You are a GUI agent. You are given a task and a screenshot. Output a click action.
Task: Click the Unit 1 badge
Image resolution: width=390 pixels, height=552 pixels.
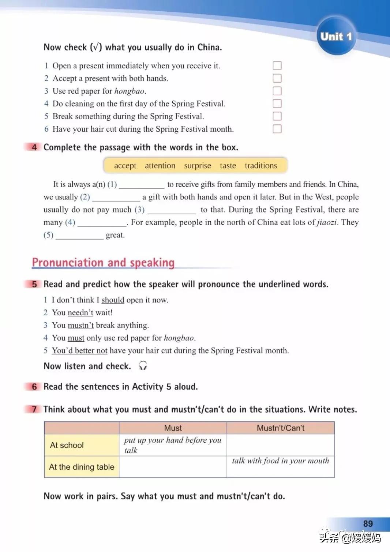tap(336, 36)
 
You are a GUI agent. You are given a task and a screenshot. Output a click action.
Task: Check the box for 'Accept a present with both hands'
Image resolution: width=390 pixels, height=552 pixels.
tap(277, 78)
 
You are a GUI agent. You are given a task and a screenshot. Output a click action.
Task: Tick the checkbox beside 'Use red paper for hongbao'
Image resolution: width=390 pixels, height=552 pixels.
tap(277, 91)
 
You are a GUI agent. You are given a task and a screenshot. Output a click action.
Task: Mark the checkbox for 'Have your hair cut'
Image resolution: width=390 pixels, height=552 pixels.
tap(277, 129)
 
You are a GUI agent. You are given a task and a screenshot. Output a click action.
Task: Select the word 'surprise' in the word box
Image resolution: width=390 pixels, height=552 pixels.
tap(198, 166)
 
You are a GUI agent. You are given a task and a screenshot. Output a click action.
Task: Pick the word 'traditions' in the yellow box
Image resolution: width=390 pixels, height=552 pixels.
tap(261, 166)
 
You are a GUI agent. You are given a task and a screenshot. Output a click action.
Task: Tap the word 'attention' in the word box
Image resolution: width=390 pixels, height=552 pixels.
tap(160, 166)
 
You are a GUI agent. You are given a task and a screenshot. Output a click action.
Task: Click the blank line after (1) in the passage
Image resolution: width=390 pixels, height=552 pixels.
tap(142, 185)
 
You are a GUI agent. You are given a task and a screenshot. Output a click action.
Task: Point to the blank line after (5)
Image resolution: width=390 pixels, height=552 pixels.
tap(79, 236)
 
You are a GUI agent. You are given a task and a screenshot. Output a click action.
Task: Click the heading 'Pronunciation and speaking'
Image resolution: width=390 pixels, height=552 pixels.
tap(103, 263)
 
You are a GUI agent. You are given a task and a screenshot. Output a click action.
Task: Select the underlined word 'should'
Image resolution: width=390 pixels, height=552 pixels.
tap(113, 300)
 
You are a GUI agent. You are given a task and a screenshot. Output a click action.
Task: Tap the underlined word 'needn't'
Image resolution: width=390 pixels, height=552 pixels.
tap(80, 313)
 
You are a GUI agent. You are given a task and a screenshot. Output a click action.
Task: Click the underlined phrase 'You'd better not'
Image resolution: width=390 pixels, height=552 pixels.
tap(79, 350)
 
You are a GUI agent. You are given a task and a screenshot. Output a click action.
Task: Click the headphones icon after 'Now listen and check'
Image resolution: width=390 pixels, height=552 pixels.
tap(143, 365)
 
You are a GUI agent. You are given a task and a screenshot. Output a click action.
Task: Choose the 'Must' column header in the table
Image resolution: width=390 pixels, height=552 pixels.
tap(173, 428)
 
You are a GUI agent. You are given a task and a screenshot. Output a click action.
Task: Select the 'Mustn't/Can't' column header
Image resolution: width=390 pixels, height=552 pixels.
tap(281, 428)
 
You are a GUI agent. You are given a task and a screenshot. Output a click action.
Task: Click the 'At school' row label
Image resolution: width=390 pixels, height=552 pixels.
tap(67, 445)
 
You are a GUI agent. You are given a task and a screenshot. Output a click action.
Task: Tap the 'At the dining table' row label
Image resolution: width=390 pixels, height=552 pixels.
tap(82, 467)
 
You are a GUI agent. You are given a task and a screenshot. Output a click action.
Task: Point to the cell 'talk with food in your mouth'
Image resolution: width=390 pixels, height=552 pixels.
tap(281, 461)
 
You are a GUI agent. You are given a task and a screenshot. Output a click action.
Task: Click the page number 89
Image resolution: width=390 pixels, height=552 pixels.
tap(368, 523)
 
